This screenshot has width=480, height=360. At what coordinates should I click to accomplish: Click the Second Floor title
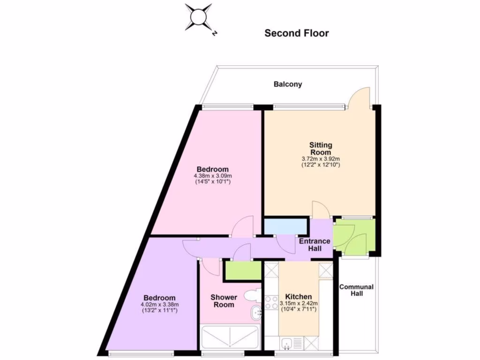pyautogui.click(x=296, y=33)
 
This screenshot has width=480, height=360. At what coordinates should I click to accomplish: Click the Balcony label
pyautogui.click(x=288, y=84)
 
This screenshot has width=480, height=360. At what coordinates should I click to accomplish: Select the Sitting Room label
pyautogui.click(x=321, y=149)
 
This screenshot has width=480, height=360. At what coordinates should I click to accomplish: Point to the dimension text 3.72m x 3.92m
pyautogui.click(x=321, y=159)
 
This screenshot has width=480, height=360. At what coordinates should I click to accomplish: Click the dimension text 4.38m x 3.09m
pyautogui.click(x=212, y=176)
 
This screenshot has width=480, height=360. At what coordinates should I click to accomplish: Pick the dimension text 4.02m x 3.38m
pyautogui.click(x=159, y=304)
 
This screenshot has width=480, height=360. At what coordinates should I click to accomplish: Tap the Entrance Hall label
pyautogui.click(x=315, y=244)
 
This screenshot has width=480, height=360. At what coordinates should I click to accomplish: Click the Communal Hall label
pyautogui.click(x=356, y=290)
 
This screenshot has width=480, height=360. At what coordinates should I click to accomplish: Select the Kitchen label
pyautogui.click(x=299, y=297)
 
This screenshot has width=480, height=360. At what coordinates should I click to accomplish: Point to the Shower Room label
pyautogui.click(x=224, y=301)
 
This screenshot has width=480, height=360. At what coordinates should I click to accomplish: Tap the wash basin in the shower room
pyautogui.click(x=256, y=313)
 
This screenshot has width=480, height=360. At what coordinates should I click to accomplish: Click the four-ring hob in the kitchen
pyautogui.click(x=271, y=302)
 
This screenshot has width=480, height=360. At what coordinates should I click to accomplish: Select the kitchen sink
pyautogui.click(x=287, y=344)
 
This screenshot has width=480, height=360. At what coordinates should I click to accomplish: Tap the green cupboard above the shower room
pyautogui.click(x=242, y=270)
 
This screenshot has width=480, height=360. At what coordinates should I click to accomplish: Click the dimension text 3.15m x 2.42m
pyautogui.click(x=299, y=304)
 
